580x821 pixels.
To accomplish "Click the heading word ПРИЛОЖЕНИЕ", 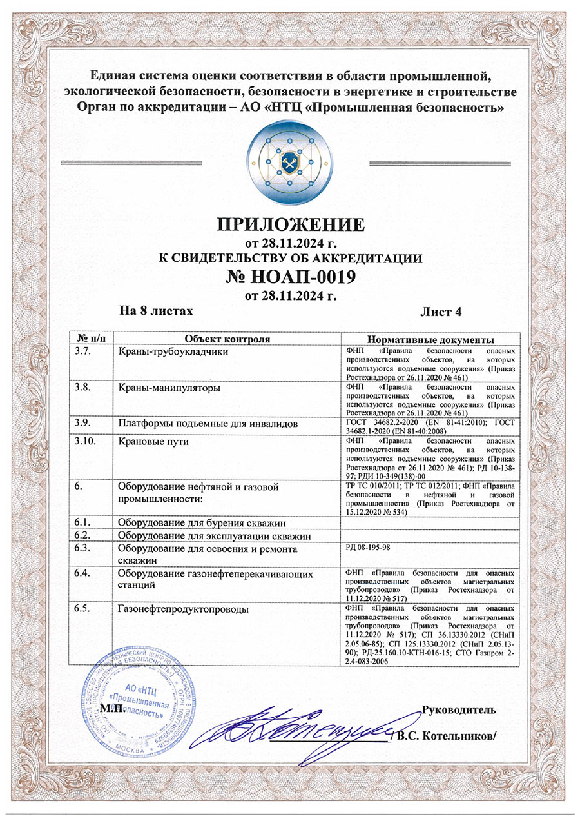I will (x=290, y=224).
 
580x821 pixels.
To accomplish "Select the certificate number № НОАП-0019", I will (x=290, y=277).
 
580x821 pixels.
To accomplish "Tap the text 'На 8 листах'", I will (x=157, y=311).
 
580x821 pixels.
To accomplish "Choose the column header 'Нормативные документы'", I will (x=430, y=339).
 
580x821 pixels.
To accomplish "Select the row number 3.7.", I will (x=84, y=351).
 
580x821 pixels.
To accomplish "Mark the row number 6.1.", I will (x=84, y=522).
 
